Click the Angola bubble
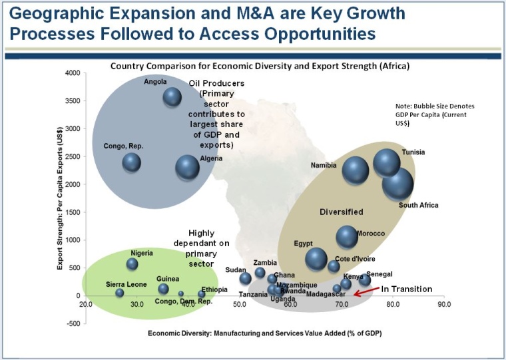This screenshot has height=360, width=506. point(172,97)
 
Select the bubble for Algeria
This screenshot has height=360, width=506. point(187,167)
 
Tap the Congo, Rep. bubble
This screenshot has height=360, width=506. point(132,162)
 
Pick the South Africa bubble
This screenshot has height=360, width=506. point(398,184)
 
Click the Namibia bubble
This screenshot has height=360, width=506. point(356,170)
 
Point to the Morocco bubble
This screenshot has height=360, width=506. point(347,236)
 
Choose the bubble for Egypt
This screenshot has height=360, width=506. point(316,259)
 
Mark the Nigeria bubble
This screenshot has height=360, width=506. point(132,264)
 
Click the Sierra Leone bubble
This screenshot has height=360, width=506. point(120,293)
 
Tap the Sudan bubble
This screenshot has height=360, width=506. point(246,278)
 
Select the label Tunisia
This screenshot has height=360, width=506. point(413,152)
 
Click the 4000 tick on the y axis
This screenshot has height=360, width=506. point(70,73)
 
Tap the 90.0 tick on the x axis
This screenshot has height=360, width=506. point(444,305)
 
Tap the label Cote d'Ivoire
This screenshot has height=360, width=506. point(353,259)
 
